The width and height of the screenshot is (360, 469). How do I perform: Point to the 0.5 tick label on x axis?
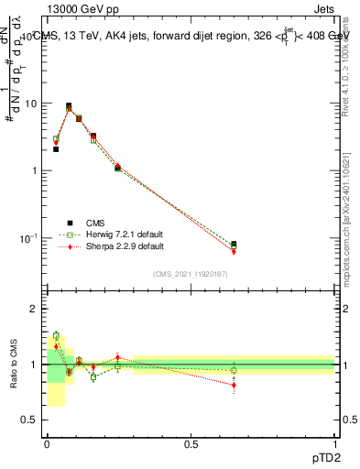click(191, 443)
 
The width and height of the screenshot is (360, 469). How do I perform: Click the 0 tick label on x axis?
click(47, 443)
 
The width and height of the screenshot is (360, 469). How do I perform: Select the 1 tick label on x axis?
click(335, 443)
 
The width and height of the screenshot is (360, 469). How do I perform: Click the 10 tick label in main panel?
click(30, 104)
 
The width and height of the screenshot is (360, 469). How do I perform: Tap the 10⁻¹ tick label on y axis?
click(28, 238)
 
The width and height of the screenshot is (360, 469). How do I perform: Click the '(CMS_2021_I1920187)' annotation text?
click(191, 273)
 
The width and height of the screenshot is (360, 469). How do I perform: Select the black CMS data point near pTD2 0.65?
click(234, 245)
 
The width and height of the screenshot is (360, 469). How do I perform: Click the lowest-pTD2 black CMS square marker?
click(56, 148)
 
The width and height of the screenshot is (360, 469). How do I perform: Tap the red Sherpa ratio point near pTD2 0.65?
click(234, 385)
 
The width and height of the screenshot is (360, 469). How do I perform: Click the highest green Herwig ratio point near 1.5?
click(56, 336)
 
